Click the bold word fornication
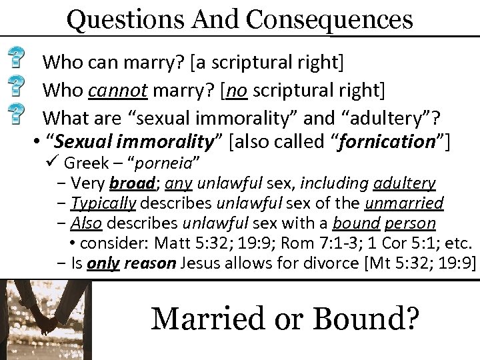[x=396, y=141]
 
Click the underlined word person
[x=409, y=222]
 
